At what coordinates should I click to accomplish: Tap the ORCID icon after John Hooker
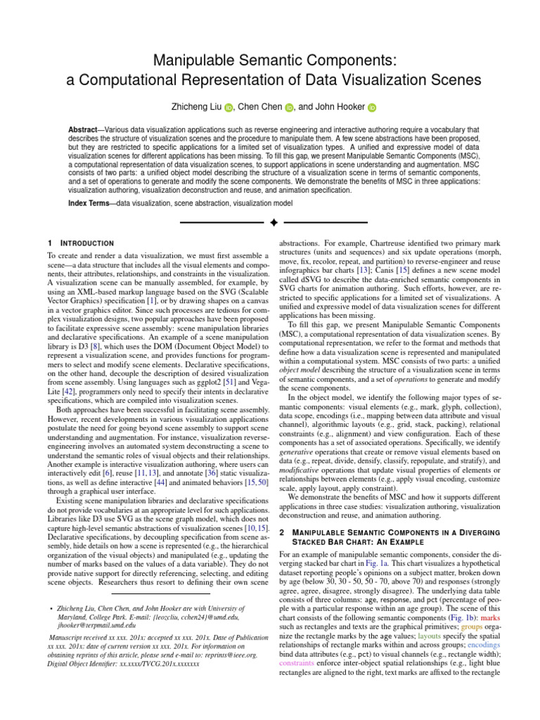(x=373, y=108)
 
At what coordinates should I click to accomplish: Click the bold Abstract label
(x=84, y=131)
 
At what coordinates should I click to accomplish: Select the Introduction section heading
(x=84, y=243)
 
